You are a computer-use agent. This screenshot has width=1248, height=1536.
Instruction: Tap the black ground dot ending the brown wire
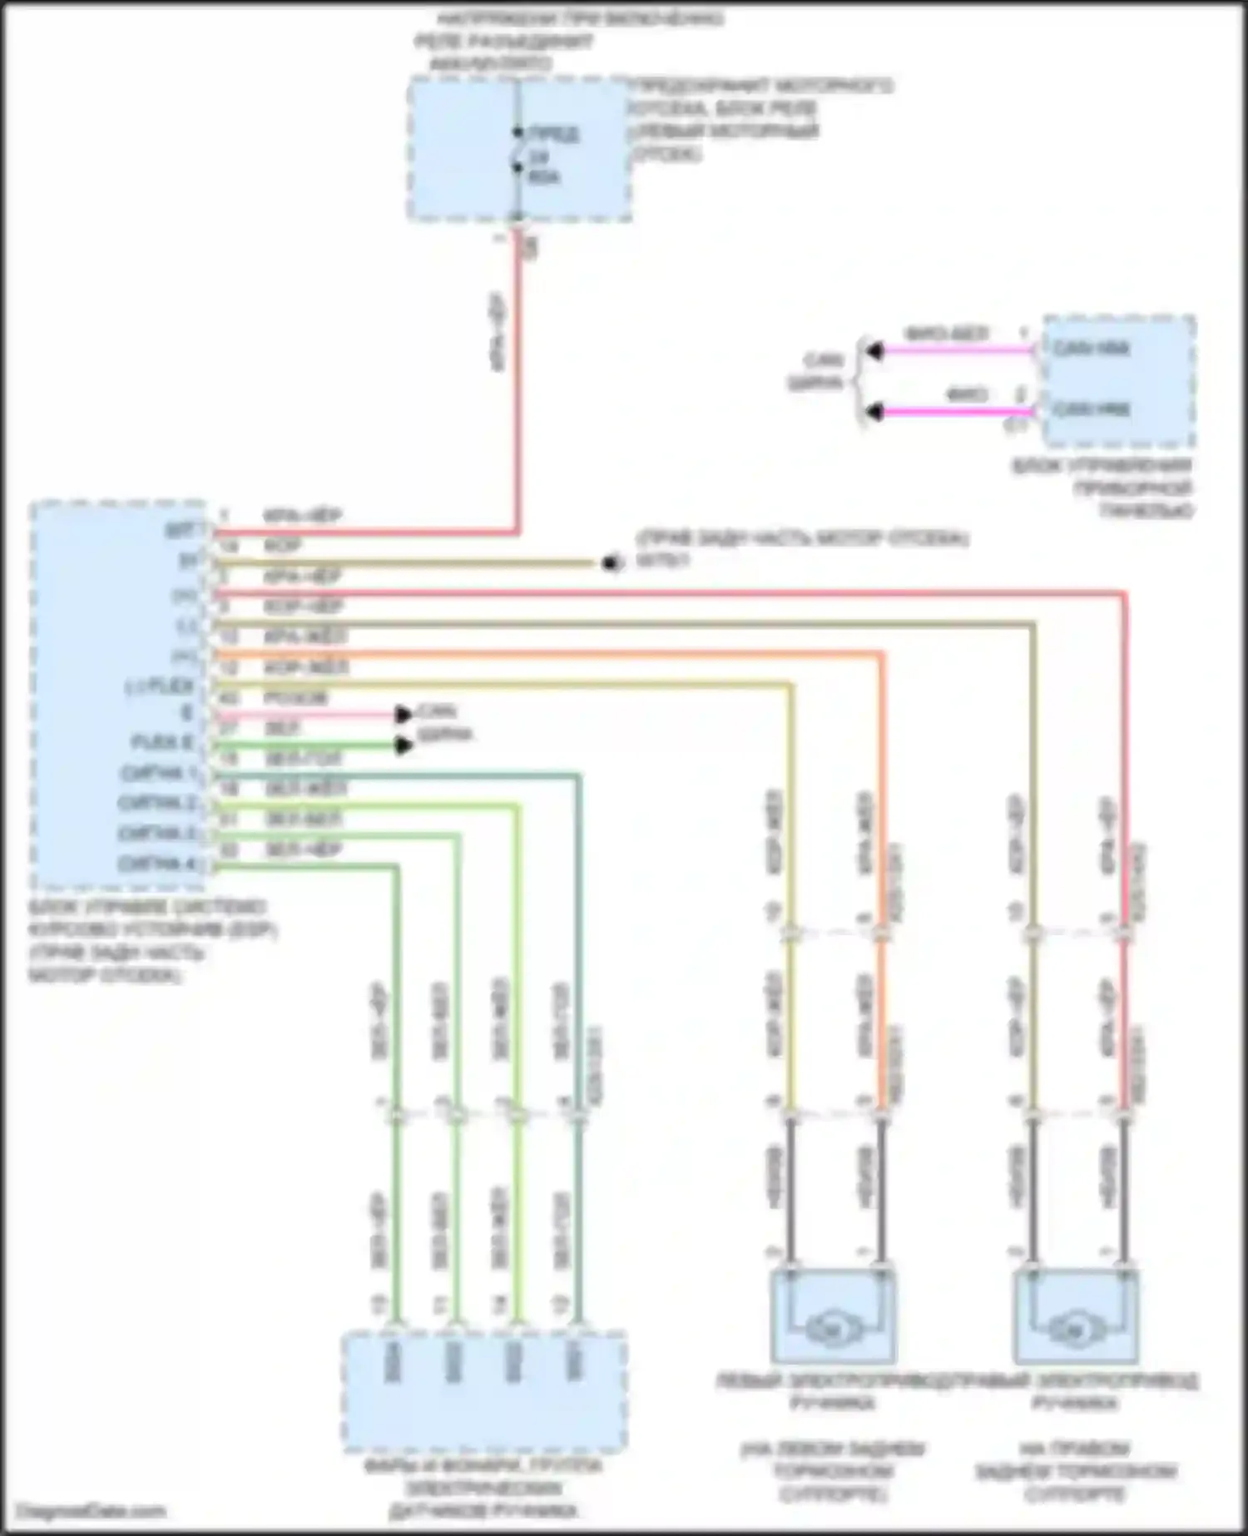tap(612, 563)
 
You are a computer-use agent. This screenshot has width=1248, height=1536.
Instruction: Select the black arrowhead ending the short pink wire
tap(404, 714)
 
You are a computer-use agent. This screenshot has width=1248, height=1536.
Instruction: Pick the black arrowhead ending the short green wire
tap(404, 745)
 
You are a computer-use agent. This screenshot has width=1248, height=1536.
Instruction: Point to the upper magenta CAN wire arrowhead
tap(872, 351)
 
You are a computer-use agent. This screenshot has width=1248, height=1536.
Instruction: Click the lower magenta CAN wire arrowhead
tap(872, 411)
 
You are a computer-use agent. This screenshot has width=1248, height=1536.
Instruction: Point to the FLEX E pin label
tap(163, 741)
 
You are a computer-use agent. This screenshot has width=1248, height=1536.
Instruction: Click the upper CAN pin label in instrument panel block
tap(1091, 348)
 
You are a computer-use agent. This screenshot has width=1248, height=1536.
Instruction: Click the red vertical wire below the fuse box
tap(518, 374)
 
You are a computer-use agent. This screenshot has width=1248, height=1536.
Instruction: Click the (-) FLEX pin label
tap(160, 687)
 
